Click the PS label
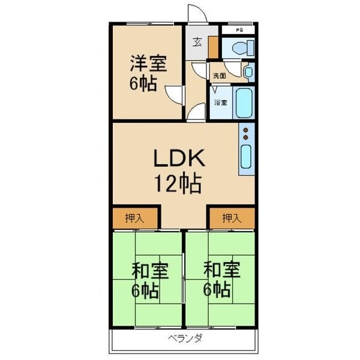(239, 29)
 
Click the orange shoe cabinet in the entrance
(213, 47)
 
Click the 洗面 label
(219, 76)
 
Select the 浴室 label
(221, 103)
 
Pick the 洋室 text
(146, 63)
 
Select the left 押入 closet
(134, 218)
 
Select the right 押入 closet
(232, 218)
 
